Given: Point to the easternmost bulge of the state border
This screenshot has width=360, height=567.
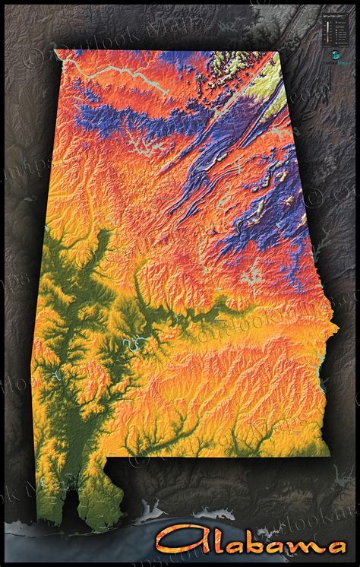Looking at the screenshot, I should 339,328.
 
